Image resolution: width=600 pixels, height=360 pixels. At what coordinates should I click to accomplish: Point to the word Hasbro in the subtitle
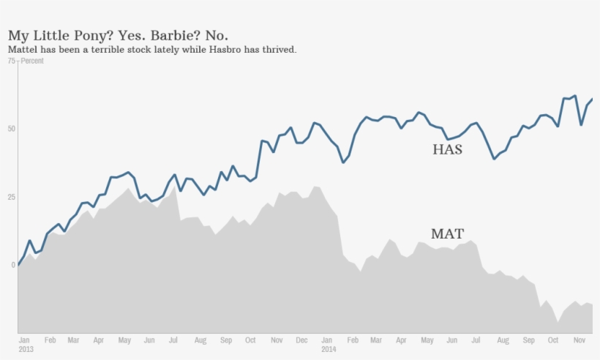[x=217, y=50]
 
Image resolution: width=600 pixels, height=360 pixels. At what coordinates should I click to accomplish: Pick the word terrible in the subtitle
[x=104, y=50]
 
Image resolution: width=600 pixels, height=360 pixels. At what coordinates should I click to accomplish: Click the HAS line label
[x=448, y=150]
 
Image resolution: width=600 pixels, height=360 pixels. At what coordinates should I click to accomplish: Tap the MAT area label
[x=447, y=234]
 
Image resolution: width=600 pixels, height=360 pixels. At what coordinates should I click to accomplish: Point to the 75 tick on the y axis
[x=11, y=61]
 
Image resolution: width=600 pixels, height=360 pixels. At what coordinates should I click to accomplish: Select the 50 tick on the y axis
[x=11, y=129]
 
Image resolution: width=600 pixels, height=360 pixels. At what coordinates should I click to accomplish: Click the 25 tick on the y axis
[x=11, y=197]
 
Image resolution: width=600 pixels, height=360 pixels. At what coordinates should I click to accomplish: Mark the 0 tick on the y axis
[x=13, y=265]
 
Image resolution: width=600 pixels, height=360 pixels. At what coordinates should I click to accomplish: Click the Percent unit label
[x=32, y=61]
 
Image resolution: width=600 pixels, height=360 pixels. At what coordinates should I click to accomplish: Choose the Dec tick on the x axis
[x=301, y=340]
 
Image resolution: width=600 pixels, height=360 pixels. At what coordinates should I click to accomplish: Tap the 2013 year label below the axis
[x=26, y=349]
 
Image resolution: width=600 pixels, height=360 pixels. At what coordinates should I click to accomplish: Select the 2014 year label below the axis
[x=329, y=349]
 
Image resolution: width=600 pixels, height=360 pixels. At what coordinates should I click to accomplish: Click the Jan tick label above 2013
[x=24, y=340]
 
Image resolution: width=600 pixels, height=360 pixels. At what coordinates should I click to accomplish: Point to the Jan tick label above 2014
[x=327, y=340]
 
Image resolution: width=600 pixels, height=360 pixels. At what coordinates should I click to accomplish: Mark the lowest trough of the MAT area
[x=558, y=322]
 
